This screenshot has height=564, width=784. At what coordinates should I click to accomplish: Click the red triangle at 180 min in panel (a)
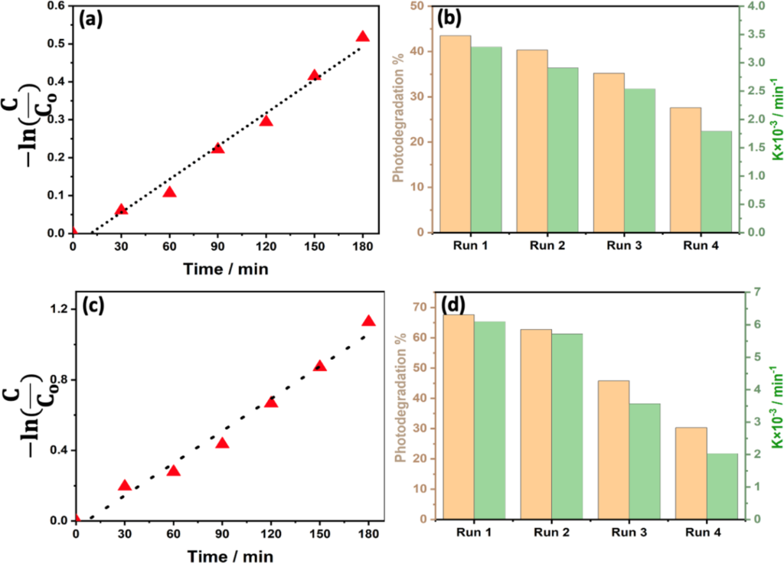click(x=363, y=37)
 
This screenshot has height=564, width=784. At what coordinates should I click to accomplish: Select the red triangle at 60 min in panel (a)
click(x=169, y=192)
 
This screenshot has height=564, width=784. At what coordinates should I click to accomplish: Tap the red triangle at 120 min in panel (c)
click(x=271, y=403)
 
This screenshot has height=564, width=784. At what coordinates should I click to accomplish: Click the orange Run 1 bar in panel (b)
click(x=455, y=134)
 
